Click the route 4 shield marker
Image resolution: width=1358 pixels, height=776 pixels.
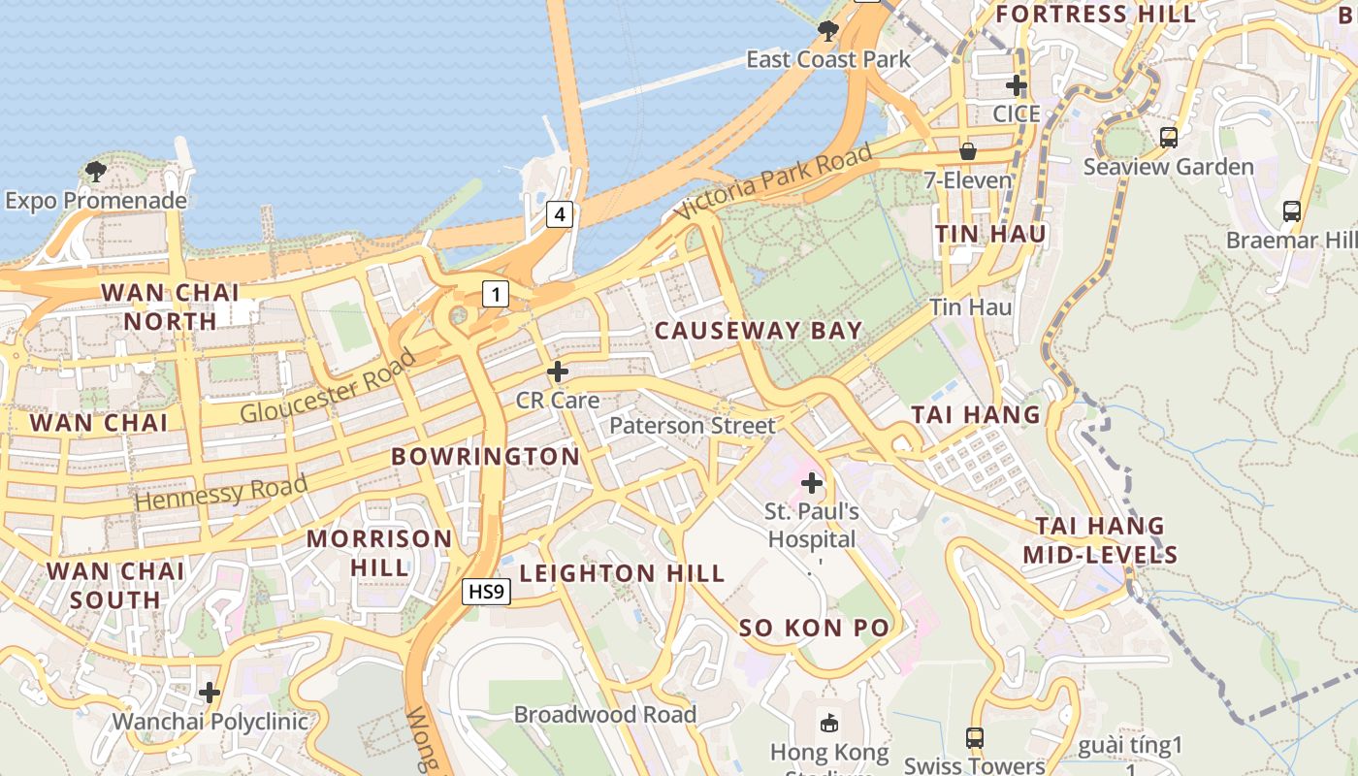[x=559, y=213]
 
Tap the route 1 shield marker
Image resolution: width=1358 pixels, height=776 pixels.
[x=496, y=294]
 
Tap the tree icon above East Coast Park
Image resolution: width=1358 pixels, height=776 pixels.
[x=827, y=31]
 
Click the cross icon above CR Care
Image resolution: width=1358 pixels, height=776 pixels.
[x=558, y=372]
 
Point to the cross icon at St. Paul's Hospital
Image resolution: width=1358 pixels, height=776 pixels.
[x=812, y=482]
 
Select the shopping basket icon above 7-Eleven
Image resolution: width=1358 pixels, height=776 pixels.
[x=968, y=151]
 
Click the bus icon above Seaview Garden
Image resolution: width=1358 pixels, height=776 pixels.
[x=1168, y=138]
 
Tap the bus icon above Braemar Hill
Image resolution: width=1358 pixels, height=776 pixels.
[x=1291, y=210]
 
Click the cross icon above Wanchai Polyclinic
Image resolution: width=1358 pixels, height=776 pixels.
[x=210, y=693]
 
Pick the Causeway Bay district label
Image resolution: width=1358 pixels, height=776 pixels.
[x=759, y=331]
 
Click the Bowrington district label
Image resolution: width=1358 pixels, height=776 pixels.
[x=485, y=456]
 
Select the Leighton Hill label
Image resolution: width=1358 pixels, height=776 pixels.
[x=623, y=573]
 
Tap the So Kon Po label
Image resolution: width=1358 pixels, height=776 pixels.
[x=814, y=628]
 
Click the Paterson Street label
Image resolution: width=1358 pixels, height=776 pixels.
[x=693, y=425]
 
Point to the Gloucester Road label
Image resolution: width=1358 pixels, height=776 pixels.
[x=328, y=387]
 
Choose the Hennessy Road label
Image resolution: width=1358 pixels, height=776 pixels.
[x=222, y=493]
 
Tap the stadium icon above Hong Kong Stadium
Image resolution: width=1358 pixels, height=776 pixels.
[x=829, y=723]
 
